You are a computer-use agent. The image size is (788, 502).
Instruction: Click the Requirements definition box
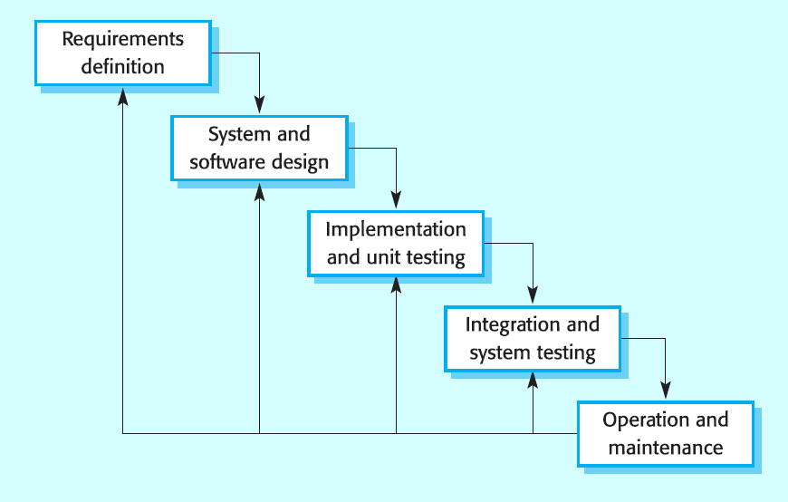pyautogui.click(x=123, y=53)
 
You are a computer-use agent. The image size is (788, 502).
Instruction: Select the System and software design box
pyautogui.click(x=259, y=148)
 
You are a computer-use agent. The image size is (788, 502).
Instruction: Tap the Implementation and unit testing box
pyautogui.click(x=396, y=244)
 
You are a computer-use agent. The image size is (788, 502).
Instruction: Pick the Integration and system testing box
pyautogui.click(x=533, y=339)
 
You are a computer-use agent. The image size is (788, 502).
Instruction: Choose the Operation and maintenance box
pyautogui.click(x=666, y=434)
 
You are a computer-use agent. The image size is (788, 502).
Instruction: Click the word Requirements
pyautogui.click(x=123, y=40)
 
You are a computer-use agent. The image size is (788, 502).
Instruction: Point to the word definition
pyautogui.click(x=123, y=66)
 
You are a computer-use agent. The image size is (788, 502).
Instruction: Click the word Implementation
pyautogui.click(x=396, y=230)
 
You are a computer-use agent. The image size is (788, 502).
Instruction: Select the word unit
pyautogui.click(x=384, y=257)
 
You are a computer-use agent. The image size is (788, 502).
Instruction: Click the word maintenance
pyautogui.click(x=666, y=447)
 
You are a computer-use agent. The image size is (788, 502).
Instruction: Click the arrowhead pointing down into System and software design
pyautogui.click(x=259, y=105)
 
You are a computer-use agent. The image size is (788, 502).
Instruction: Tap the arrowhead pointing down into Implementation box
pyautogui.click(x=396, y=200)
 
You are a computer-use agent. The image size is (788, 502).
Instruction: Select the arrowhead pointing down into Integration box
pyautogui.click(x=533, y=295)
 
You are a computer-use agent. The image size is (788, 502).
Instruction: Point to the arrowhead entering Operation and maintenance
pyautogui.click(x=666, y=391)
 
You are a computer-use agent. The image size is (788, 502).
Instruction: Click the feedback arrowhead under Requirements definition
pyautogui.click(x=123, y=97)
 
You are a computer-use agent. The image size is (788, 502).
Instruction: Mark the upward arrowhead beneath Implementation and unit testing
pyautogui.click(x=396, y=286)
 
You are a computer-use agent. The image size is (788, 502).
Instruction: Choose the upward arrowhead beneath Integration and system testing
pyautogui.click(x=533, y=381)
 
